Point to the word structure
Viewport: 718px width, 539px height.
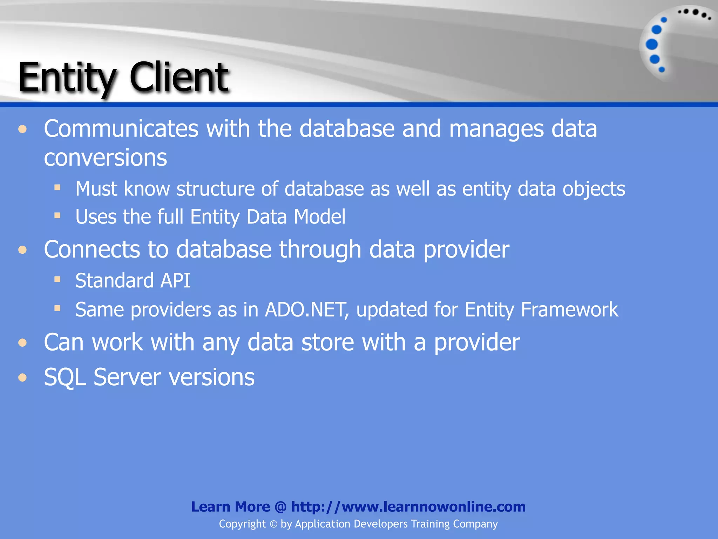[215, 189]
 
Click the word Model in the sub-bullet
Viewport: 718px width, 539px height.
[319, 217]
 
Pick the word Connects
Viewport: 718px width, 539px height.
[92, 249]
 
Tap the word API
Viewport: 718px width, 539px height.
[175, 281]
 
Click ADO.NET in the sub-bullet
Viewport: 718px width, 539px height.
[307, 310]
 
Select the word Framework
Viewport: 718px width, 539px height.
[569, 310]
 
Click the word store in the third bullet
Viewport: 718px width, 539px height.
[327, 342]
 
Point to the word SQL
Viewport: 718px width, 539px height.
[65, 378]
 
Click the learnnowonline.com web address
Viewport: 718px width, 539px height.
[408, 507]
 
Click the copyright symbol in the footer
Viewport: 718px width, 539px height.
[273, 524]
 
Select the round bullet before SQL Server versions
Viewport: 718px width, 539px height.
[23, 378]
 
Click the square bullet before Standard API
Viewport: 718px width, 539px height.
[57, 280]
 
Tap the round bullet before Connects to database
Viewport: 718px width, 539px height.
[23, 250]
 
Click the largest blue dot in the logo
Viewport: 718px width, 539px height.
[652, 45]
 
